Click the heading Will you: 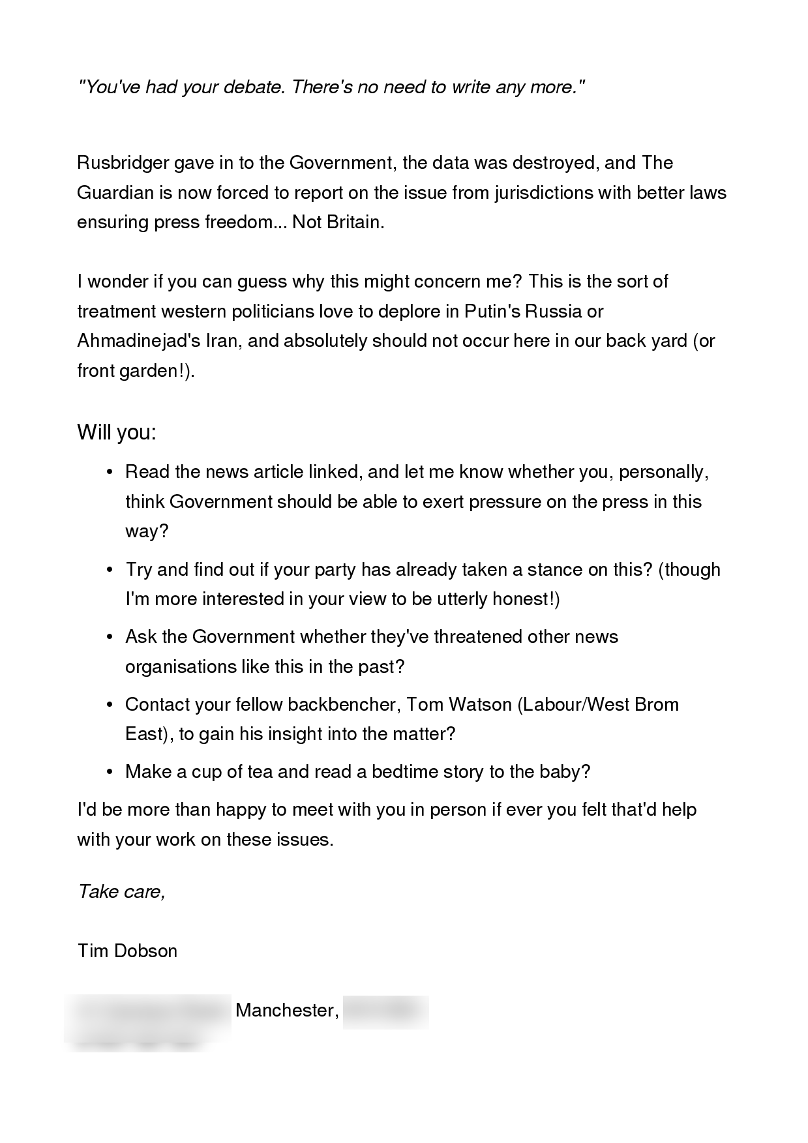[117, 432]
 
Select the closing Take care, [121, 891]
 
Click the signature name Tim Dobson [127, 951]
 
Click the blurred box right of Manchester [385, 1012]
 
